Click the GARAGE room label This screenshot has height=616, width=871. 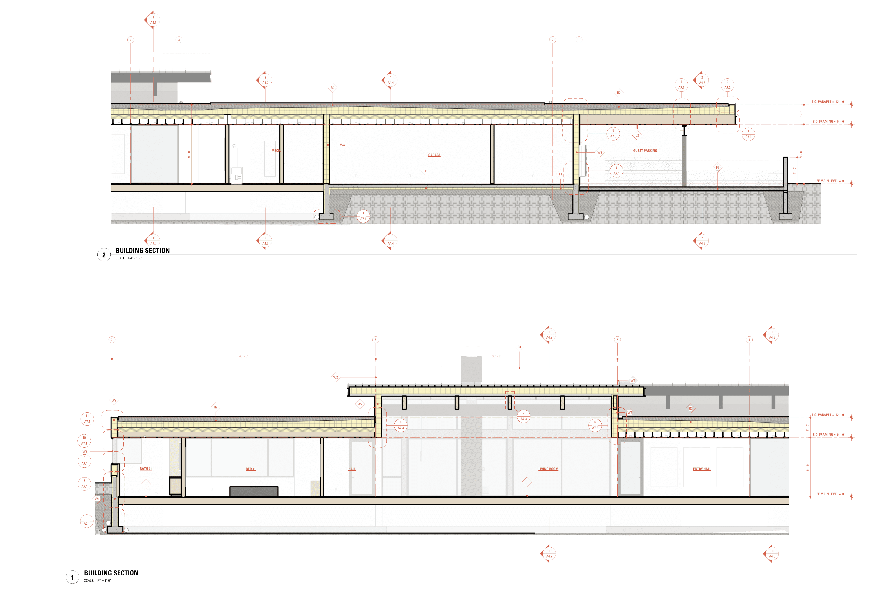pos(434,155)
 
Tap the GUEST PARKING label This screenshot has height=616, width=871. pos(645,151)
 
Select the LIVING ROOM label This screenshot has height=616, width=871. pos(548,469)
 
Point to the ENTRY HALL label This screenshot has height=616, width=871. pos(702,469)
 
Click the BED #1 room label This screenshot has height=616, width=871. pos(251,469)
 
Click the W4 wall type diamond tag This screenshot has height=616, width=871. pos(342,145)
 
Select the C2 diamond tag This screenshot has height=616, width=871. pos(637,135)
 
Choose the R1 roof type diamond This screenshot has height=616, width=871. pos(519,347)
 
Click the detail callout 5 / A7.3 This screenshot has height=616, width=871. pos(613,133)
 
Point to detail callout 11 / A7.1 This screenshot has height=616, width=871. pos(87,419)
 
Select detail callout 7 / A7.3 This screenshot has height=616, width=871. pos(523,416)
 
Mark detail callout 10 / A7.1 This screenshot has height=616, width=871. pos(84,440)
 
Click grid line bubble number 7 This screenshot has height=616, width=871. pos(112,339)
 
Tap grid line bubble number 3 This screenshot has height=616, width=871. pos(179,40)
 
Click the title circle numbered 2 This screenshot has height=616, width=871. pos(104,255)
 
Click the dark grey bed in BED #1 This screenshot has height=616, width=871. pos(254,492)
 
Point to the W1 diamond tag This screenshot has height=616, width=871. pos(97,499)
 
